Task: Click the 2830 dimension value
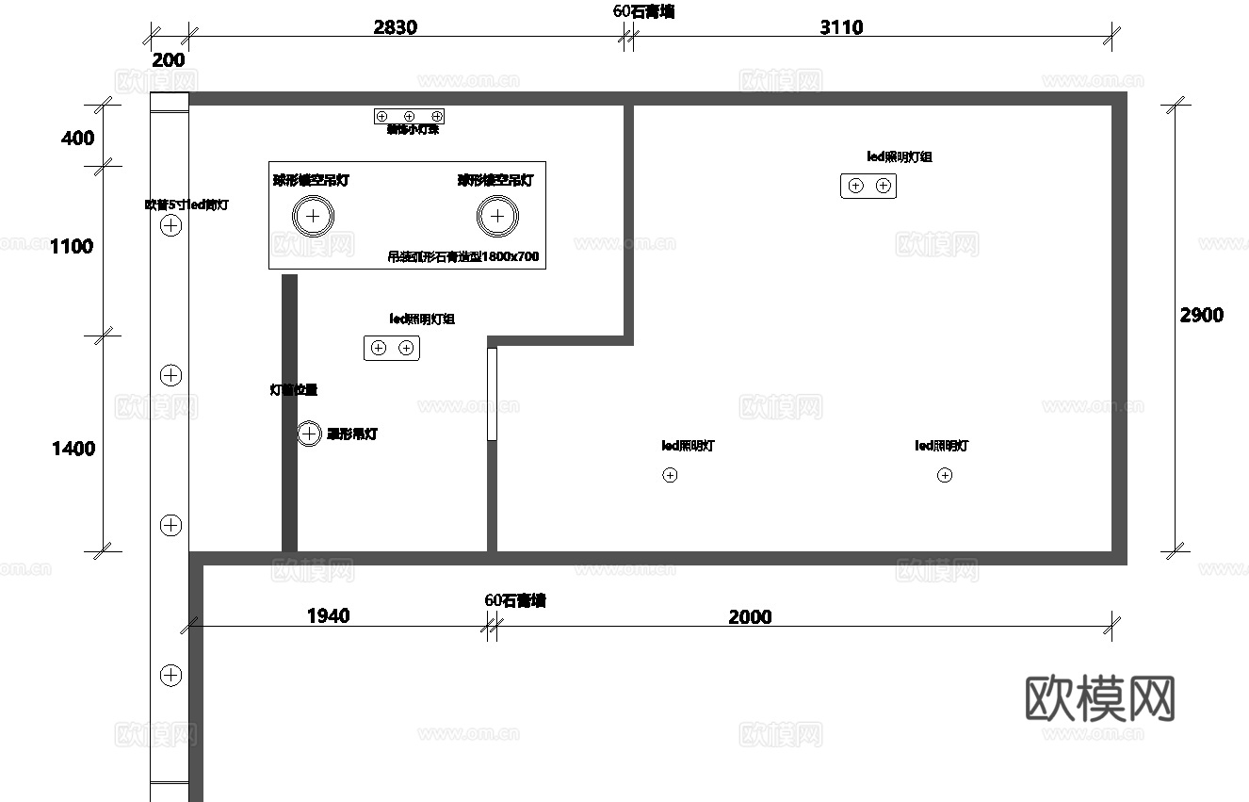[x=395, y=26]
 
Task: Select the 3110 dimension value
[x=841, y=26]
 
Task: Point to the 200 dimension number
[x=169, y=60]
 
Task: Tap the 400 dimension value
[x=77, y=139]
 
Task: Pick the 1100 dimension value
[x=72, y=247]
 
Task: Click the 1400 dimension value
[x=73, y=449]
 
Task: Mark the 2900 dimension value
[x=1202, y=315]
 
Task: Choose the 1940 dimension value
[x=328, y=616]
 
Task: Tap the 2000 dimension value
[x=750, y=617]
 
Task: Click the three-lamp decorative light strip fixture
[x=409, y=116]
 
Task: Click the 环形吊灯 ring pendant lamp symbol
[x=309, y=434]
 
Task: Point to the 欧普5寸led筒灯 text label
[x=187, y=205]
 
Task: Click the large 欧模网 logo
[x=1099, y=698]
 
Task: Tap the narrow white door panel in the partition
[x=492, y=394]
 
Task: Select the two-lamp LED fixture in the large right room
[x=868, y=186]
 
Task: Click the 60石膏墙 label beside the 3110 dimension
[x=643, y=11]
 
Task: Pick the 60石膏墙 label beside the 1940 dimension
[x=515, y=600]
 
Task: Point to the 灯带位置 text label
[x=294, y=389]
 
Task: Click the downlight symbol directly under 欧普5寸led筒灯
[x=170, y=225]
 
